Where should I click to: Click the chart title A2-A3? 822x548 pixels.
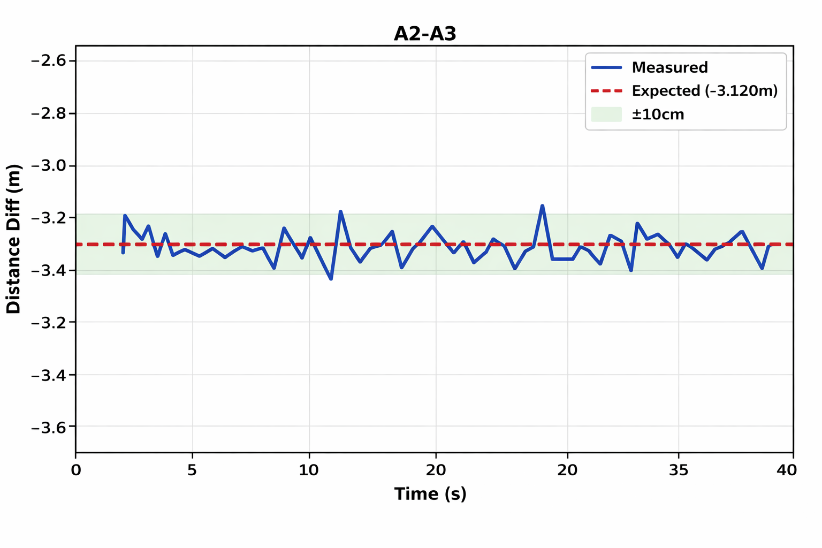point(425,34)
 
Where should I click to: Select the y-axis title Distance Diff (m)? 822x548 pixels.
point(13,239)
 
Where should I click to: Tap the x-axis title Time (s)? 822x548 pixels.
point(430,493)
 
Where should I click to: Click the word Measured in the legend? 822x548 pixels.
point(669,67)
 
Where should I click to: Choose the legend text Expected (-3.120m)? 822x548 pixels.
point(704,91)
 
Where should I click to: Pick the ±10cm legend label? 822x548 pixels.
point(658,115)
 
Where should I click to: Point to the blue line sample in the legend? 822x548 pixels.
point(606,67)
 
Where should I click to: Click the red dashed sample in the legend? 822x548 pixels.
point(606,91)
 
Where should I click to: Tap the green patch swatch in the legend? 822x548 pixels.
point(606,115)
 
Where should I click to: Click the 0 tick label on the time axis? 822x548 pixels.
point(76,470)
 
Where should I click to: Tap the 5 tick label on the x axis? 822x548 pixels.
point(192,470)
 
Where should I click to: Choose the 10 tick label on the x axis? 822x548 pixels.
point(309,470)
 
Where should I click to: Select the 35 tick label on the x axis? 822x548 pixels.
point(679,470)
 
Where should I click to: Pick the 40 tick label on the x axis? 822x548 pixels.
point(787,470)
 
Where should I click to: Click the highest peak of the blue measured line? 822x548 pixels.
point(543,205)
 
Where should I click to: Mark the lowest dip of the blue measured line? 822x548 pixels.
point(331,279)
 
